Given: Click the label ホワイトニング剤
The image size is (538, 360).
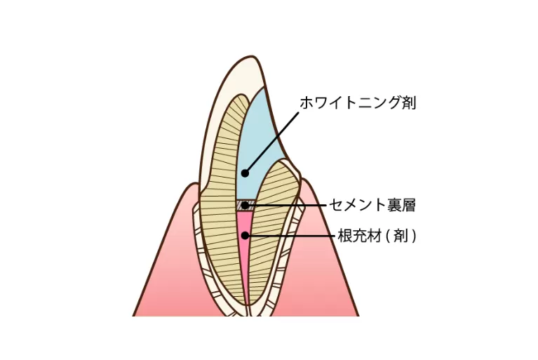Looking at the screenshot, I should pos(358,102).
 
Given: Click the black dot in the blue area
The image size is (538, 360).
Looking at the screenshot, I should pos(245,173).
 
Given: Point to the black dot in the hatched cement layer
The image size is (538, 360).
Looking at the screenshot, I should pos(244,206).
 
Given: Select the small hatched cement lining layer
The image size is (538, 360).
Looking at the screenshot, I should pos(239,206).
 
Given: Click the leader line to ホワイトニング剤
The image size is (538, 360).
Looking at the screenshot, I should pos(272,140).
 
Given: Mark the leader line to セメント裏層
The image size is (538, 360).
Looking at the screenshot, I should pos(295,205).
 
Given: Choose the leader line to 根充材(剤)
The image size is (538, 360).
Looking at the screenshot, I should pos(295,236).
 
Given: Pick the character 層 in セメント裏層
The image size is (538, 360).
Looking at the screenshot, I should pos(408,205).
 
